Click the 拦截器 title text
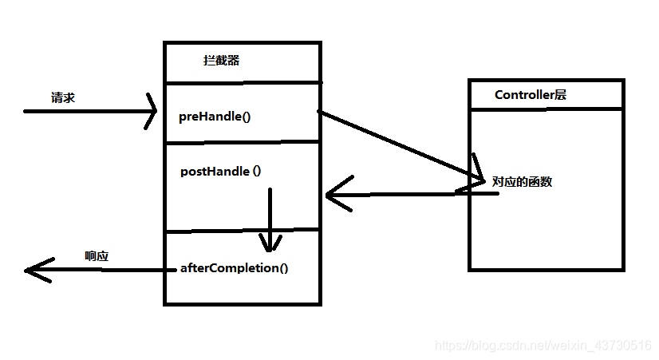(221, 61)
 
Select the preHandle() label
(215, 117)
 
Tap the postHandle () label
(221, 171)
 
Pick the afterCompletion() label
(235, 267)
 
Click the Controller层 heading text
(531, 95)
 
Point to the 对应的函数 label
(523, 182)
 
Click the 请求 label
(63, 98)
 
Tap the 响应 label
(97, 256)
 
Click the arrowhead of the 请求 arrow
(152, 111)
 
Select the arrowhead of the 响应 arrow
(32, 271)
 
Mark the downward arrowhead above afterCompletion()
(270, 244)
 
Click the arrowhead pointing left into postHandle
(333, 195)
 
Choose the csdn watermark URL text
(543, 345)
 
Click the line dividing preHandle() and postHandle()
(242, 143)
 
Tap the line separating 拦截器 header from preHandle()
(242, 81)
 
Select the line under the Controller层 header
(546, 108)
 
